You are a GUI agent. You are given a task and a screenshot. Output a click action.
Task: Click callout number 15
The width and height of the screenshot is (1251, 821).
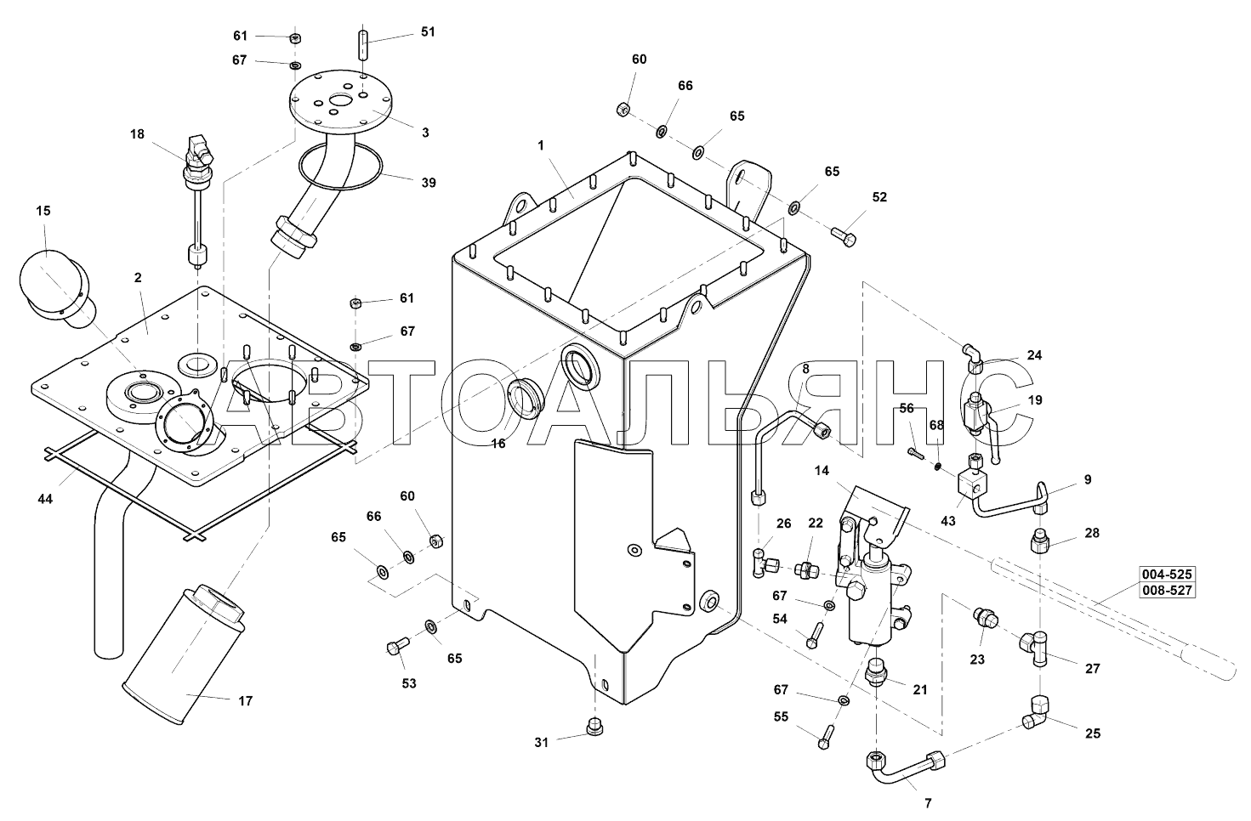43,211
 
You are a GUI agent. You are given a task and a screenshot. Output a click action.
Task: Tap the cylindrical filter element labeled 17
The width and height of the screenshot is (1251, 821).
183,654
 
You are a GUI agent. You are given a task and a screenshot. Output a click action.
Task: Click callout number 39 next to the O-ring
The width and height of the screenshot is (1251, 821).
429,183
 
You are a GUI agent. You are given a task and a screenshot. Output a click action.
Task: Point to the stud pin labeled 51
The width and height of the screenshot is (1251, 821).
364,45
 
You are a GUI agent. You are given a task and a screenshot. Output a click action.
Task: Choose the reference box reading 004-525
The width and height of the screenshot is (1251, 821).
1167,575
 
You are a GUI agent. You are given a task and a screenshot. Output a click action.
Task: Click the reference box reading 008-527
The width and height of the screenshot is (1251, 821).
1167,590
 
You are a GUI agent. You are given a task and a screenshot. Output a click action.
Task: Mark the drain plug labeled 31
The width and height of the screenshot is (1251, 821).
595,728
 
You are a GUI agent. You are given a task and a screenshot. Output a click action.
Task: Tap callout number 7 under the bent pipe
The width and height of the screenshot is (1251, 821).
928,803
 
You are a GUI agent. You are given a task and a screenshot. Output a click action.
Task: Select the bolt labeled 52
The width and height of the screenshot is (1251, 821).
844,236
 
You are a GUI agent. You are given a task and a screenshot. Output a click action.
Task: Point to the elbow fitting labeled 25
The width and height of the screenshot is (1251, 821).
1035,711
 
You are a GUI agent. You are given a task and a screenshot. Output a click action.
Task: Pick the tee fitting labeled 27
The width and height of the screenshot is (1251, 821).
1036,648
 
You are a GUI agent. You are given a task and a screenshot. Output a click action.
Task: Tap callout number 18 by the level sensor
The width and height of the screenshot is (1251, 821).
138,134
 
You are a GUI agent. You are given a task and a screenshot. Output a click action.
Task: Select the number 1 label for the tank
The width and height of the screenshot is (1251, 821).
541,145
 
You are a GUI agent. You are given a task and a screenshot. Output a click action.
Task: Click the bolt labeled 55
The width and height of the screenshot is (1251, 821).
826,736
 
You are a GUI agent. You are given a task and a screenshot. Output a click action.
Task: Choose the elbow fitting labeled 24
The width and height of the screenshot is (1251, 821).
972,359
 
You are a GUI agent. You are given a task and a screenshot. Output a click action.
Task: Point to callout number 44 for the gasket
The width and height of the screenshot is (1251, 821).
45,499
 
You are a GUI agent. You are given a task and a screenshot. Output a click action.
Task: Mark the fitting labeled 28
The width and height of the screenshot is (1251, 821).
1039,541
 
